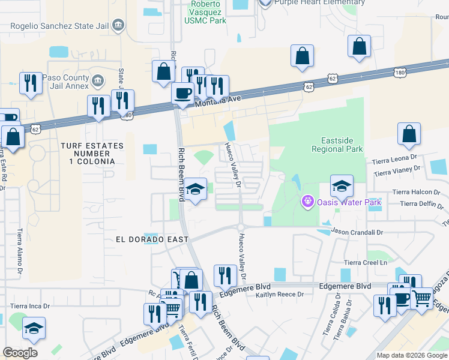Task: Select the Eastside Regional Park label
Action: pyautogui.click(x=337, y=144)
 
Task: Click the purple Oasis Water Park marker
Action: pyautogui.click(x=309, y=202)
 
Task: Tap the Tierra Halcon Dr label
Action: pyautogui.click(x=415, y=191)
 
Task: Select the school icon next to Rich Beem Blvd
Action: pyautogui.click(x=195, y=190)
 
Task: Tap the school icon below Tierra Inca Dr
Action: pyautogui.click(x=34, y=328)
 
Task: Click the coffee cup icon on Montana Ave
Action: pyautogui.click(x=183, y=94)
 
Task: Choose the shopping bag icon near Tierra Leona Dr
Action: pyautogui.click(x=409, y=135)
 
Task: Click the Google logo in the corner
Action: pyautogui.click(x=20, y=353)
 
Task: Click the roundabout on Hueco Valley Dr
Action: pyautogui.click(x=240, y=226)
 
